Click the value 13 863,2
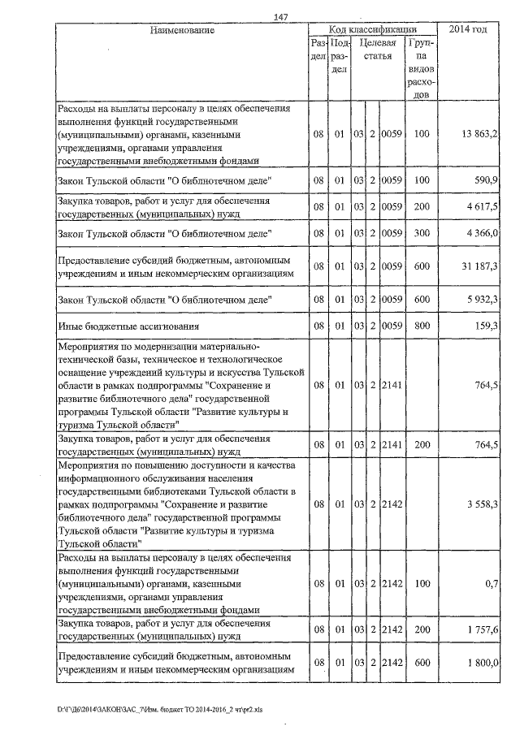click(479, 133)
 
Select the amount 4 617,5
click(482, 206)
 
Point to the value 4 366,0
click(482, 234)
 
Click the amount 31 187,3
click(479, 266)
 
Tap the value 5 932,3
click(482, 300)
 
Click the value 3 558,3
click(482, 504)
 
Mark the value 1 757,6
click(482, 629)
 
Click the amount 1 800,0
click(482, 663)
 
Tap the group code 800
click(421, 326)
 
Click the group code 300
click(421, 234)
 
